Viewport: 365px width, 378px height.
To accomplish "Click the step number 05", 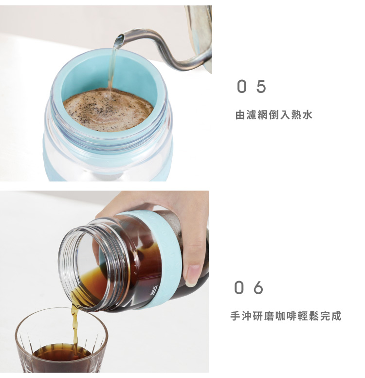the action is [252, 87].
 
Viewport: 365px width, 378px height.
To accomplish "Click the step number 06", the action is [249, 287].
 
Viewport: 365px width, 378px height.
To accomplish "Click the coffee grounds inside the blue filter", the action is [109, 110].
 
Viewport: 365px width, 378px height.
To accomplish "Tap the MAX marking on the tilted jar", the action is [153, 291].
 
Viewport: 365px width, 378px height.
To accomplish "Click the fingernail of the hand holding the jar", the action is [193, 275].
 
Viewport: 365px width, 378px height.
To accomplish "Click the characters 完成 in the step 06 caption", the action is [331, 316].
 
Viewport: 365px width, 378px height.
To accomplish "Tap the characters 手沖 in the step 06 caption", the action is [241, 316].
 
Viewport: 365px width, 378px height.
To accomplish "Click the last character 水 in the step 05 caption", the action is [307, 115].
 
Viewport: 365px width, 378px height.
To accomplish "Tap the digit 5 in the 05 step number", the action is [261, 87].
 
